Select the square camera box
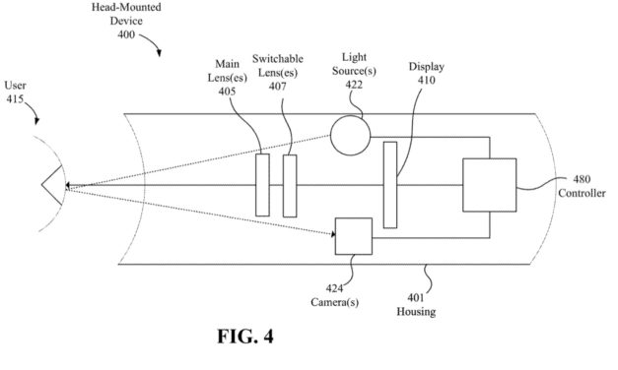[x=353, y=236]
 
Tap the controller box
[x=488, y=184]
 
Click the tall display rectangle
[x=390, y=185]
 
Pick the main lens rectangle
[x=262, y=185]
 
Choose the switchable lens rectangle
[x=289, y=185]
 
